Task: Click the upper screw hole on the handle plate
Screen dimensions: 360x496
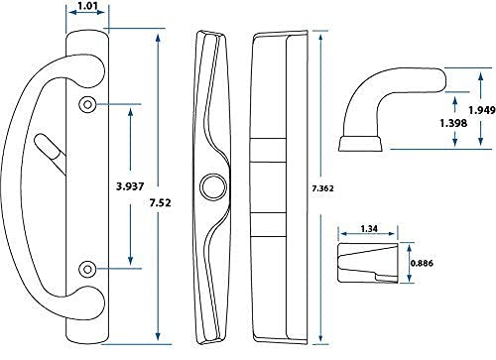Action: click(x=87, y=105)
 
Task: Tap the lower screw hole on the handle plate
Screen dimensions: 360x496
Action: click(x=87, y=267)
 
